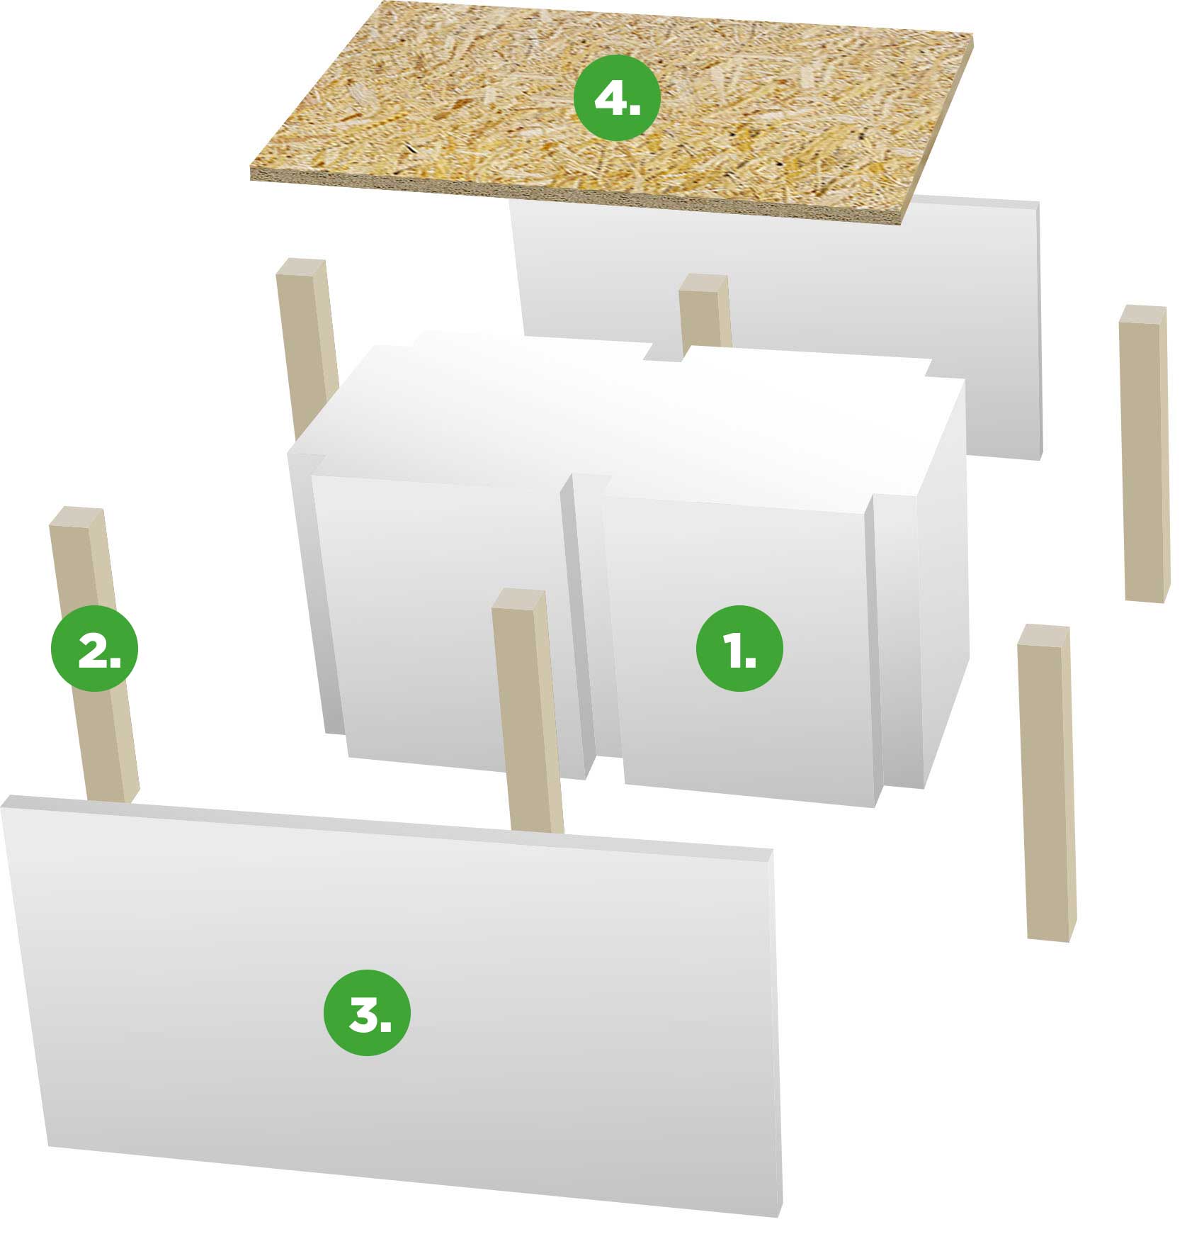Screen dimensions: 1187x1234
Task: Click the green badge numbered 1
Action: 739,648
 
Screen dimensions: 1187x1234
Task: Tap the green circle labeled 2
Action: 94,648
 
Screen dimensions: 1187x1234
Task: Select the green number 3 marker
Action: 367,1012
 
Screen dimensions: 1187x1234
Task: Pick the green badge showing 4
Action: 616,96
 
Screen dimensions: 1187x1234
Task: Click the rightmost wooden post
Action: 1143,454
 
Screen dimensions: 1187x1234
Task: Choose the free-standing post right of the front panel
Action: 1045,783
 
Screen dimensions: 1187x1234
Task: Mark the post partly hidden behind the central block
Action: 306,347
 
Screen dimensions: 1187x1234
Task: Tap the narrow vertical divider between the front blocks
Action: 577,624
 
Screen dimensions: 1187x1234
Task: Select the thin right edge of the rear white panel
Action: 1040,330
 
